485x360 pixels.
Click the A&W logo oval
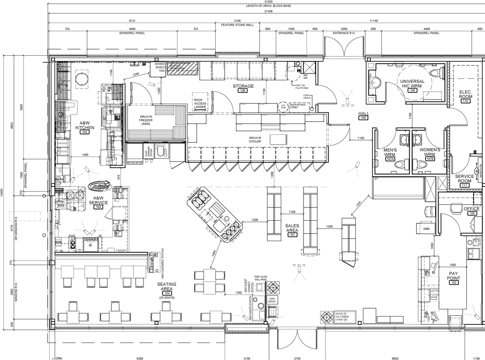(x=100, y=186)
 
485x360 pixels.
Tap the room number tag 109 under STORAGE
(x=243, y=91)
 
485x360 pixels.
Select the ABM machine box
(x=426, y=228)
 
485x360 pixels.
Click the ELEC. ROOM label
(x=465, y=94)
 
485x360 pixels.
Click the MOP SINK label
(x=305, y=77)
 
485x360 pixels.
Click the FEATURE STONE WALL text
(x=237, y=25)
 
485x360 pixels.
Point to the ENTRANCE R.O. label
(x=344, y=33)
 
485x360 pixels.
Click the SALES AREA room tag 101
(x=292, y=235)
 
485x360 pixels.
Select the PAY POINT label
(x=454, y=276)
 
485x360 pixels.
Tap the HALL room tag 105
(x=363, y=118)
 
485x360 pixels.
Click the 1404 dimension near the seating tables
(x=214, y=253)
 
